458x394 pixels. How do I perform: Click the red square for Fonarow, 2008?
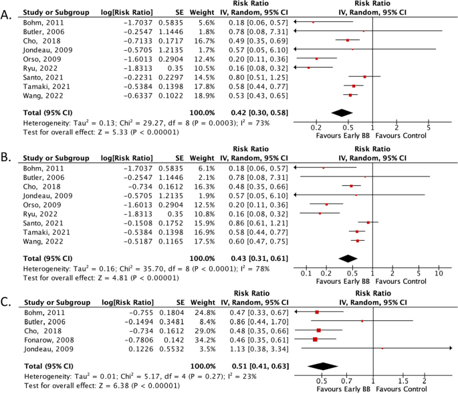click(x=314, y=340)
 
